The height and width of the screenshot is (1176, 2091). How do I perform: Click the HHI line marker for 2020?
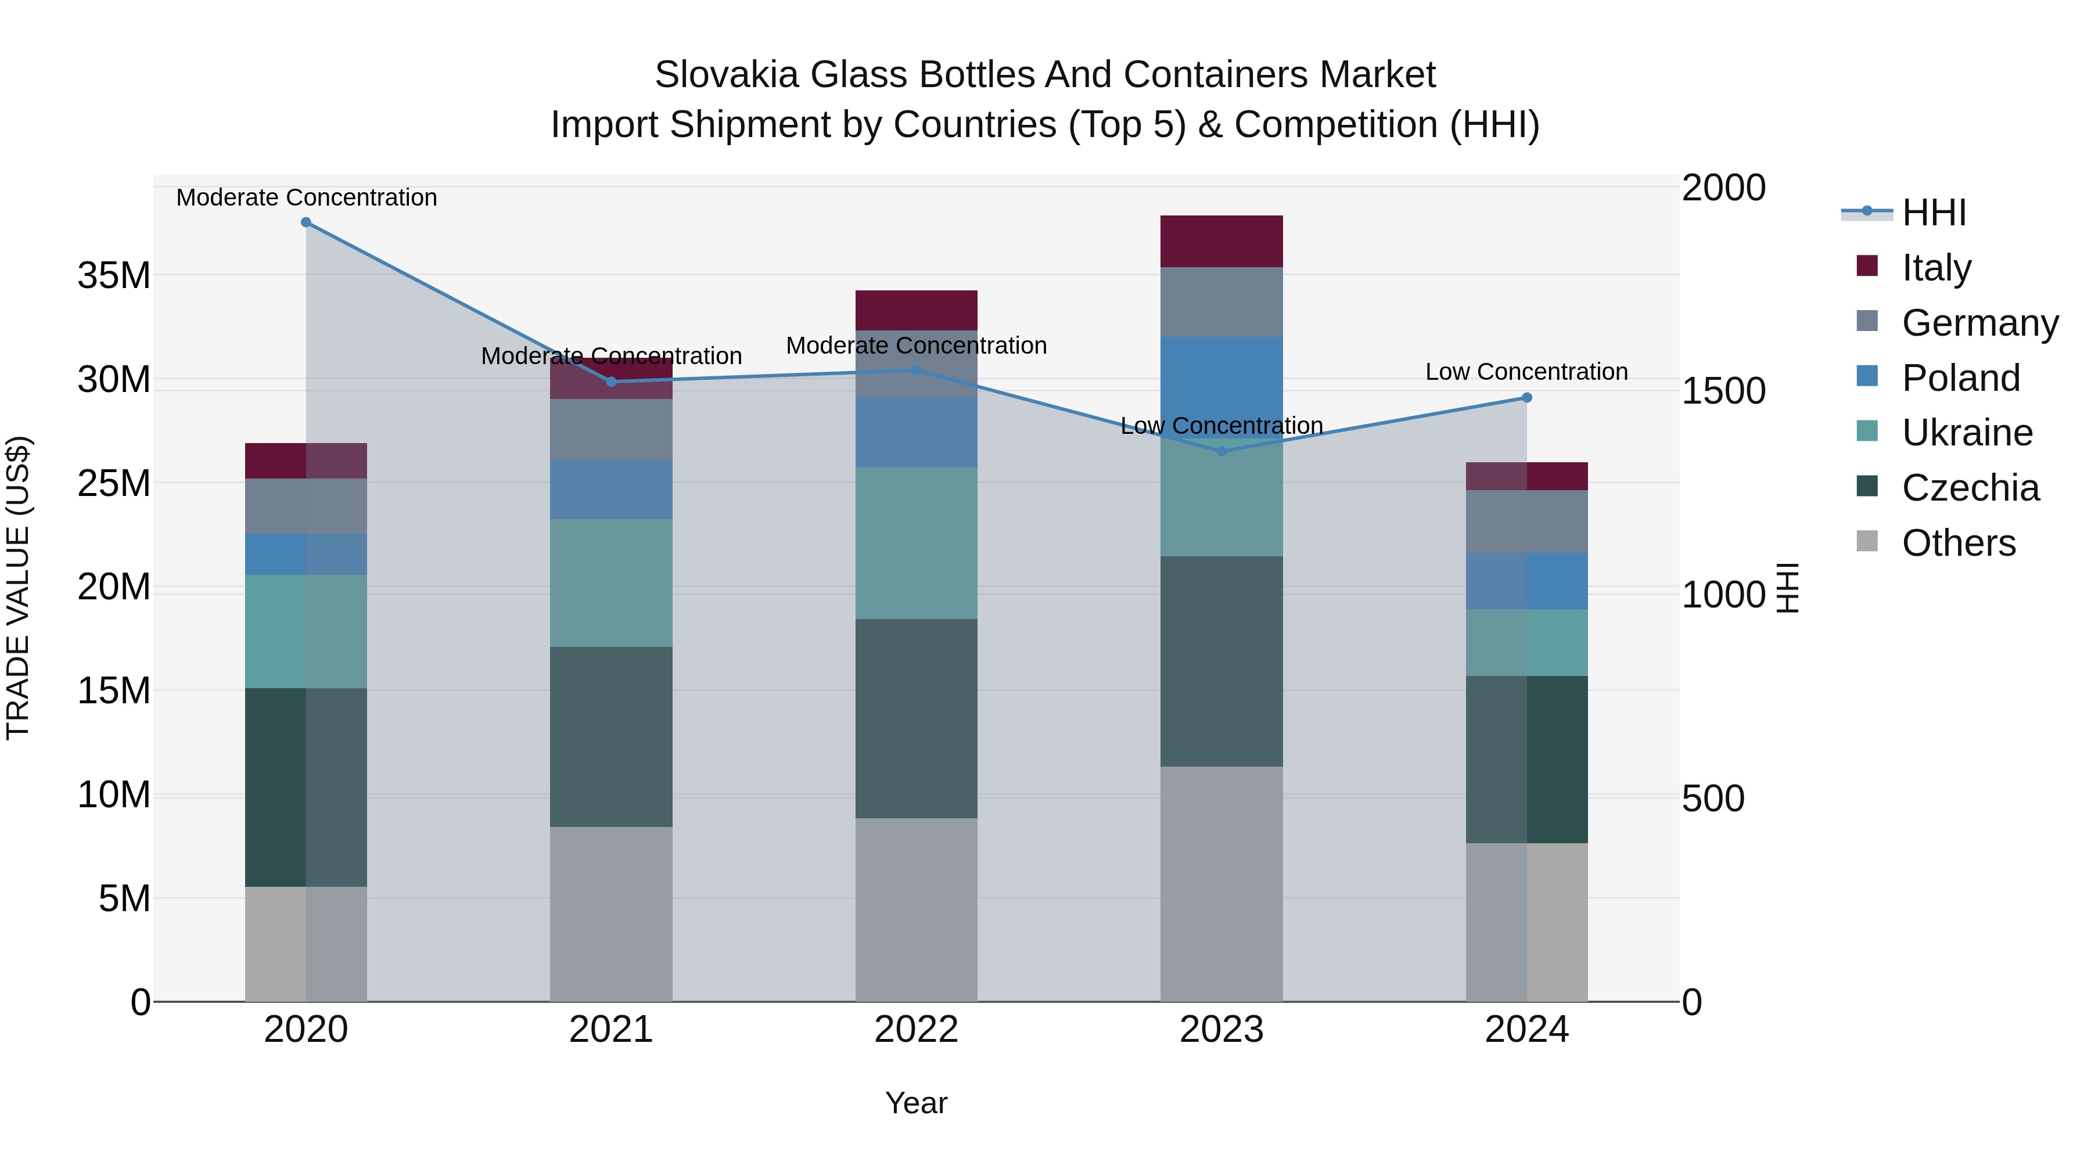(x=306, y=222)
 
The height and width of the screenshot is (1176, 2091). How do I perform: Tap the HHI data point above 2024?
(x=1527, y=398)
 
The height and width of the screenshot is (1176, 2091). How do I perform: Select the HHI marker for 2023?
(x=1221, y=451)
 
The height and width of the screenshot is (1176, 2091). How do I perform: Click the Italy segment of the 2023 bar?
(x=1221, y=241)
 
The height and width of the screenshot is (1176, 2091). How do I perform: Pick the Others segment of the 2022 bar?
(x=917, y=909)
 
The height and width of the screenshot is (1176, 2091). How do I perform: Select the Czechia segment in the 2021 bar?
(x=611, y=736)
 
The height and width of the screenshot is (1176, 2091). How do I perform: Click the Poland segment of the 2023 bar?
(x=1221, y=382)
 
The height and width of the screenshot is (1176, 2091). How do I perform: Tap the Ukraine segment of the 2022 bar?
(x=917, y=543)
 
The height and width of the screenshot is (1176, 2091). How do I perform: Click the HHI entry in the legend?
(x=1934, y=213)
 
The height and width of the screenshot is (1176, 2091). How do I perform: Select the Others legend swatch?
(x=1867, y=541)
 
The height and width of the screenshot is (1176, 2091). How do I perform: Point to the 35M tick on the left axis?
(x=114, y=276)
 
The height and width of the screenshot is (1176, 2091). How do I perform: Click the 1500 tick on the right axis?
(x=1723, y=391)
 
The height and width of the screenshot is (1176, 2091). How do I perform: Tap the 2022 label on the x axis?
(x=917, y=1030)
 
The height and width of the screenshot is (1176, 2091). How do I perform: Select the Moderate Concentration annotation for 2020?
(x=306, y=197)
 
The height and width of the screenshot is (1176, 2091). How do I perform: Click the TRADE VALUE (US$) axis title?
(x=18, y=588)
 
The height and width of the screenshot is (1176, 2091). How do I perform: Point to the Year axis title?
(x=917, y=1103)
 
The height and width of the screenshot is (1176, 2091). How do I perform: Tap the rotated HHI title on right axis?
(x=1788, y=588)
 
